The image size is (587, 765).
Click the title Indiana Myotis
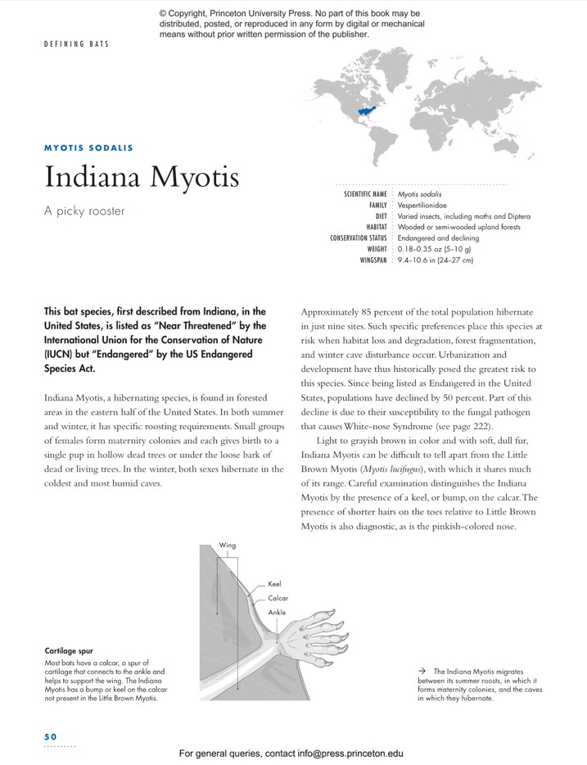(x=141, y=176)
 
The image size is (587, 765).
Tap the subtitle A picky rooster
(x=84, y=210)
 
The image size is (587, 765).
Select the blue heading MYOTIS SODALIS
(x=88, y=148)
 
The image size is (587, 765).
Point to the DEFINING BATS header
(x=76, y=43)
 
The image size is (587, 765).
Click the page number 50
(x=51, y=736)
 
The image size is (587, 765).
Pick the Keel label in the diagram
(x=274, y=585)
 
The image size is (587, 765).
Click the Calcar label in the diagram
(x=278, y=599)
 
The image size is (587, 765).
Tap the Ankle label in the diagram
(x=277, y=612)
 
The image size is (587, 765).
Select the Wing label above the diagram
(x=228, y=545)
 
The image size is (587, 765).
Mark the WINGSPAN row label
(x=373, y=260)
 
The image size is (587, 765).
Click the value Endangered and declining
(x=438, y=238)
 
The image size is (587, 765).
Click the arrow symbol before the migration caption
(x=421, y=671)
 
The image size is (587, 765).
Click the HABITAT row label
(x=376, y=227)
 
